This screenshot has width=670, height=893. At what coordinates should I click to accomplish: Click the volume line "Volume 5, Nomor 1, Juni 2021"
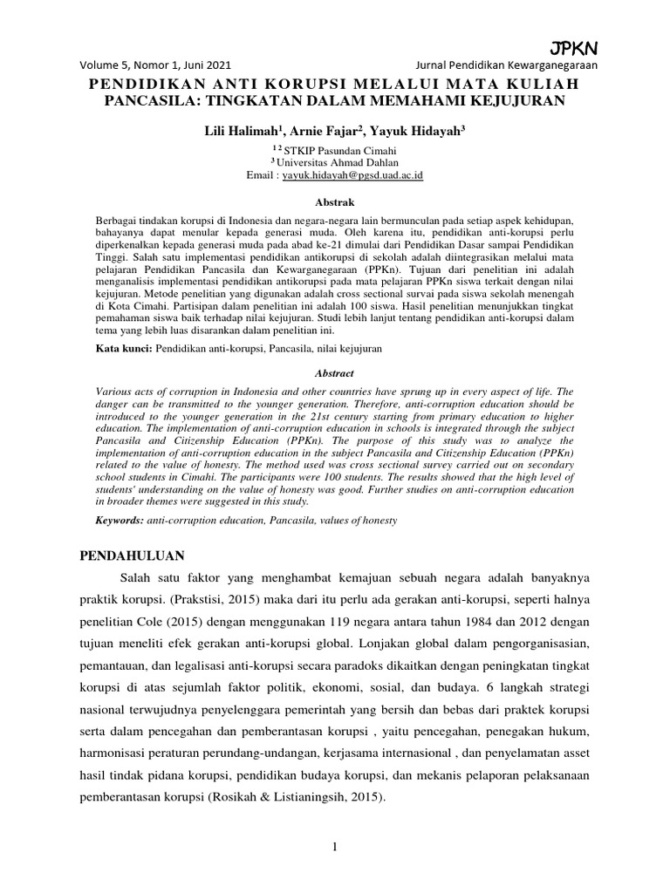(x=156, y=65)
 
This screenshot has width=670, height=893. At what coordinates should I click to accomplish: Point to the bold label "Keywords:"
(x=121, y=520)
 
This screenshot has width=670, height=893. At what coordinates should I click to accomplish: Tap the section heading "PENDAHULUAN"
(x=133, y=556)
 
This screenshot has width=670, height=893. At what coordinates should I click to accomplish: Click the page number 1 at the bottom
(x=335, y=847)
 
